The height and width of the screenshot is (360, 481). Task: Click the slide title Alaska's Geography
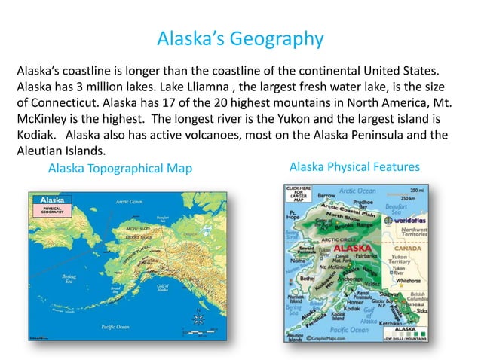pos(240,38)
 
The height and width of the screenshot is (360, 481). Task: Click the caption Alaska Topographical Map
pos(120,168)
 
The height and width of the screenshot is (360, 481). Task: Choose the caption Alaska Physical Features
pos(354,166)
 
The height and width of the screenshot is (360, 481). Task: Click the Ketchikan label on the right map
pos(395,322)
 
